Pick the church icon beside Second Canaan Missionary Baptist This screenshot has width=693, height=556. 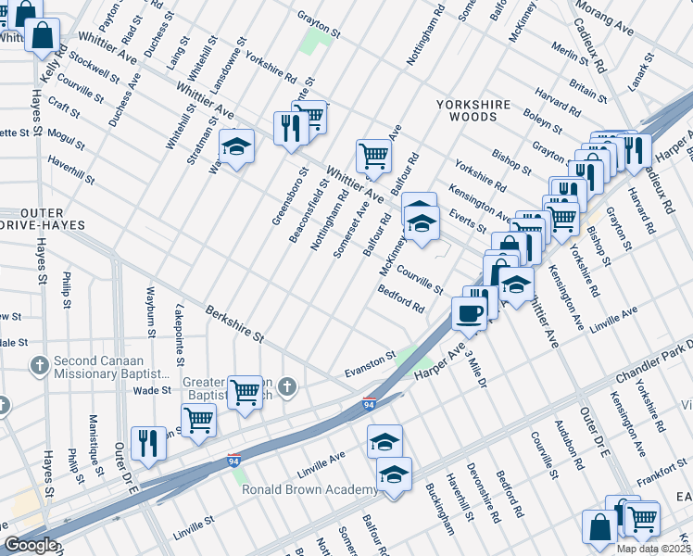tap(40, 365)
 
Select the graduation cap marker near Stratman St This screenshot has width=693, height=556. tap(236, 147)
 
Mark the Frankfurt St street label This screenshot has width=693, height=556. tap(659, 471)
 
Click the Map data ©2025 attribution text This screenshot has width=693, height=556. tap(653, 549)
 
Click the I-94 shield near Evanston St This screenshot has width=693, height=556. tap(369, 404)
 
